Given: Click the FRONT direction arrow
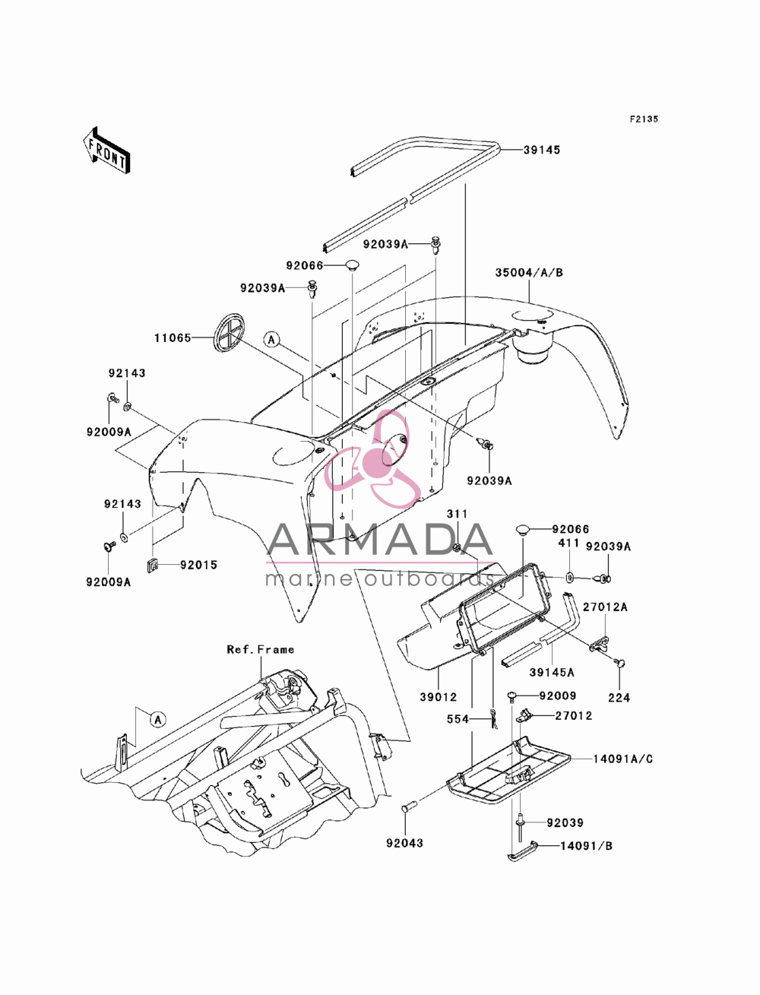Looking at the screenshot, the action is [106, 150].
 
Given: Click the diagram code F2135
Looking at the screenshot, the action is [644, 119].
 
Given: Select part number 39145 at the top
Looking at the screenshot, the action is [542, 150].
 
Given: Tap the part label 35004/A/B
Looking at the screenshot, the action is [529, 272].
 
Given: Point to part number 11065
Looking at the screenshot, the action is [173, 337].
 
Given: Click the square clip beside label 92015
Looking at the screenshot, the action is [152, 566].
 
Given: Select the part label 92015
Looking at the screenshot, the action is [198, 565].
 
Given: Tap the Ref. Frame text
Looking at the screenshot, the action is [260, 650].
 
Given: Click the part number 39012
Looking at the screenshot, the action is [439, 697].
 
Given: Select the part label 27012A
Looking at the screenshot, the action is [605, 607].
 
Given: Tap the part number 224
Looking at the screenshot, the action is [619, 697].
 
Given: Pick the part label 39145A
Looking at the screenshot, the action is [552, 672].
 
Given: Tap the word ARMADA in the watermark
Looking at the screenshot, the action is [380, 540].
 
